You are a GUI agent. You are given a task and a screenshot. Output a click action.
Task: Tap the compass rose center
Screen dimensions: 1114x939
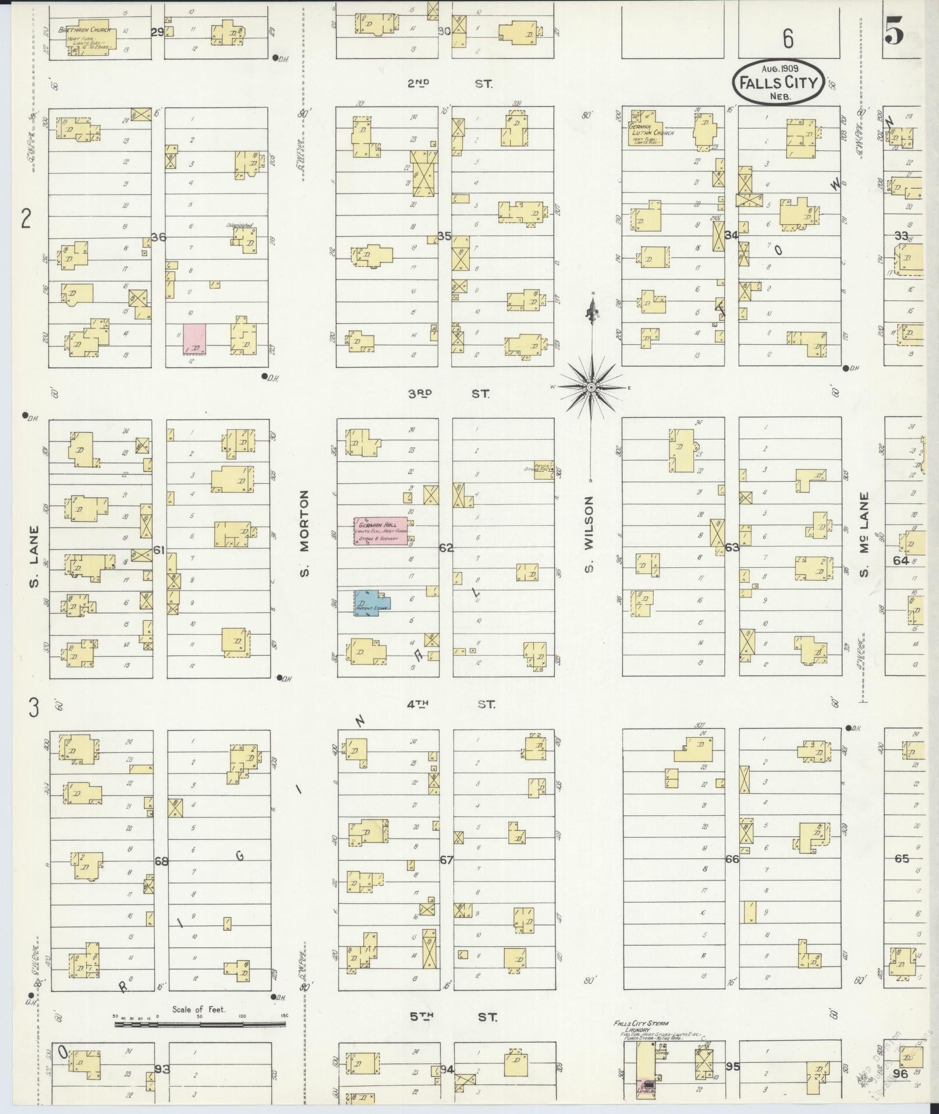click(591, 387)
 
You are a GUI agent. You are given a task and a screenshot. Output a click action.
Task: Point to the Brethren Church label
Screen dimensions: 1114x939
click(82, 30)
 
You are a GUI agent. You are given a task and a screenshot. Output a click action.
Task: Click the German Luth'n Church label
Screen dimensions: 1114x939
click(651, 129)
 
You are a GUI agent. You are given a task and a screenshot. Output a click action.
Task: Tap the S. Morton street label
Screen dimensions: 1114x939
click(305, 533)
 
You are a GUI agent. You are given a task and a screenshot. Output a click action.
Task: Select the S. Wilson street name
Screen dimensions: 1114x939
click(589, 533)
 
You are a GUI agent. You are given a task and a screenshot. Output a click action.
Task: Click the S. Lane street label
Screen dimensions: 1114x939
click(34, 557)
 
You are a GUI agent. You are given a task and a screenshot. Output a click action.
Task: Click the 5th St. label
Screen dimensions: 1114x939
click(452, 1017)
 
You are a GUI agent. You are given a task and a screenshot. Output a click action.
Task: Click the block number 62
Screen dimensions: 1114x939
click(446, 548)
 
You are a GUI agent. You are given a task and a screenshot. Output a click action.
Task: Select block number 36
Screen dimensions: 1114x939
click(158, 237)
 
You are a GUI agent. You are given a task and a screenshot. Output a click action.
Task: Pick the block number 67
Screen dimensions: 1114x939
click(446, 860)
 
